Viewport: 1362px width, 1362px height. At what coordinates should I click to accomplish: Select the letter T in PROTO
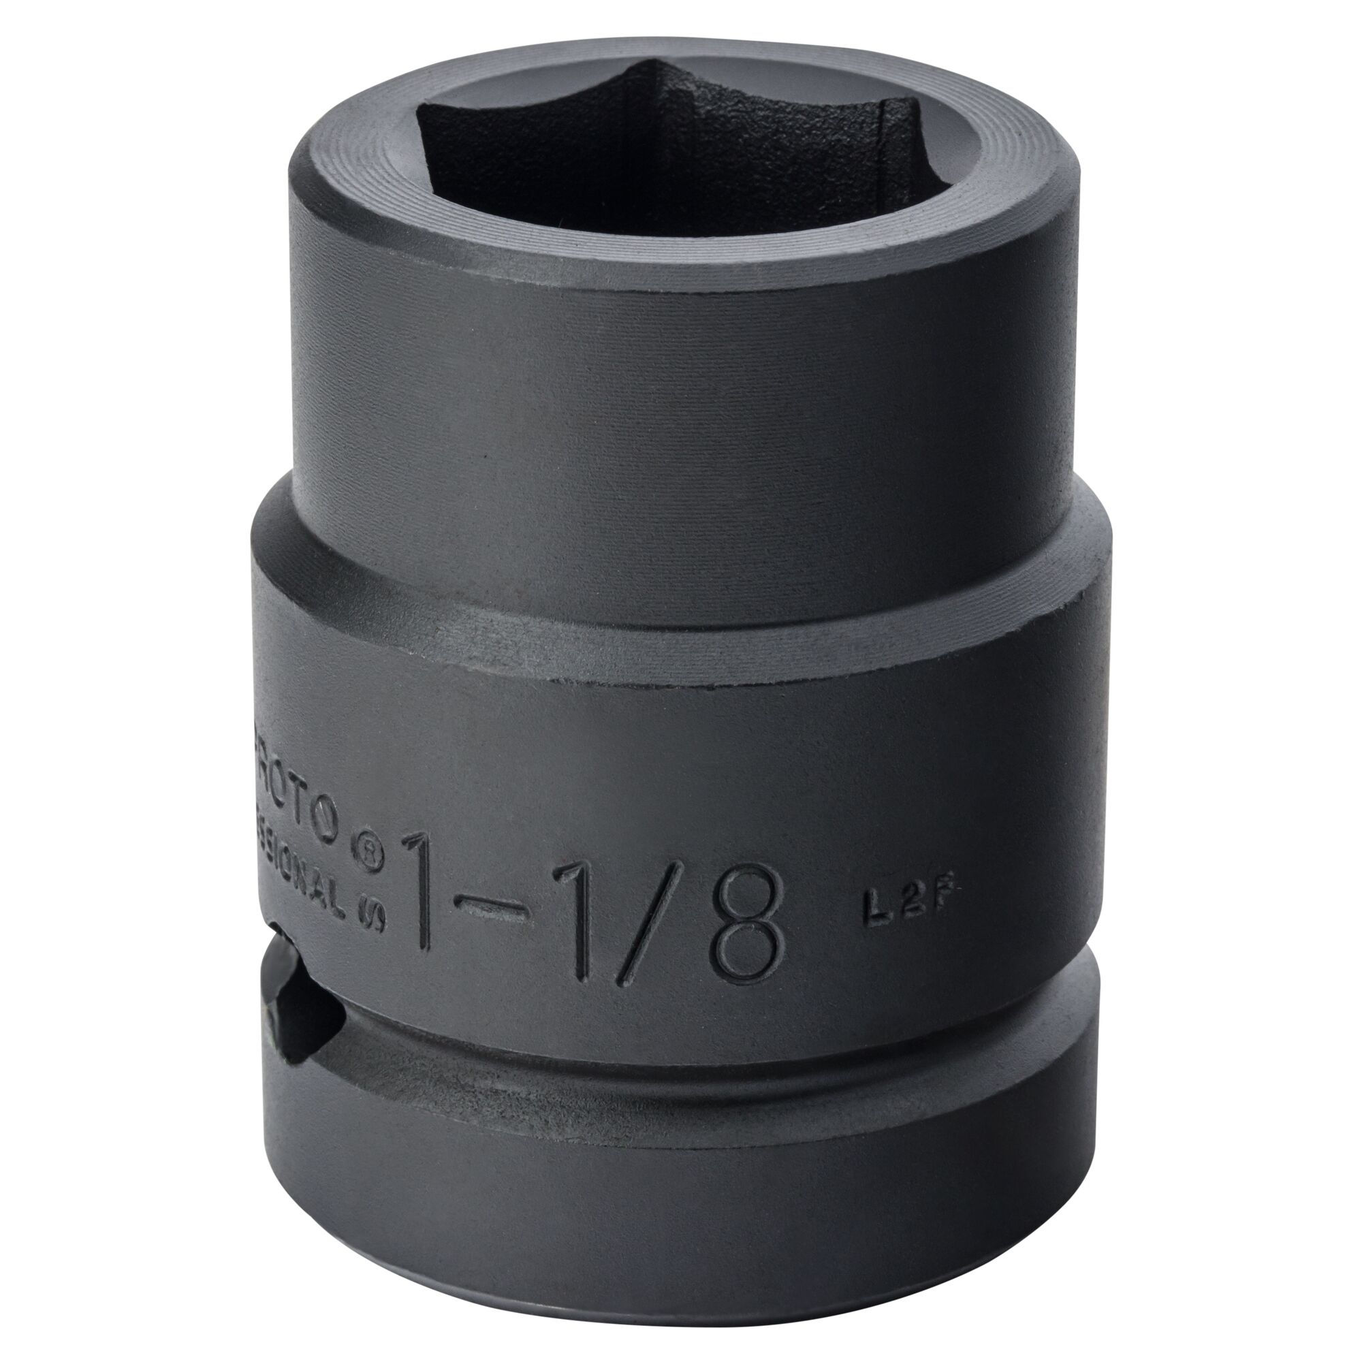tap(310, 807)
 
